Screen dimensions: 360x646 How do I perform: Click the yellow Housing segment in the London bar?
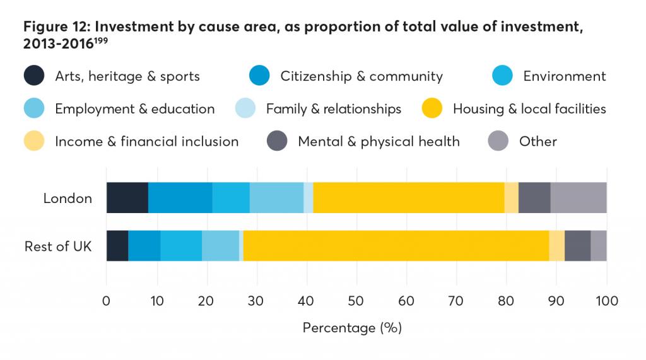coord(409,198)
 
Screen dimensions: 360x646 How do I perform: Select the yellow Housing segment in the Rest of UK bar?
coord(396,246)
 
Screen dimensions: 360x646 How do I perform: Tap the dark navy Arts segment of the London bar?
coord(127,198)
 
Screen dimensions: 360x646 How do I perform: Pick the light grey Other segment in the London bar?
coord(578,198)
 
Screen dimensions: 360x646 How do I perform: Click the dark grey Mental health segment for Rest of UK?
coord(577,246)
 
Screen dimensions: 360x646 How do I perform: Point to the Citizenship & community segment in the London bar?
coord(180,198)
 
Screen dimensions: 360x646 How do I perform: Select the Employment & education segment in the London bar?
coord(276,198)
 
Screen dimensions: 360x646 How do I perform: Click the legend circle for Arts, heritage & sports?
coord(34,76)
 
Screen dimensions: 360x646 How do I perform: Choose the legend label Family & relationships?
coord(333,109)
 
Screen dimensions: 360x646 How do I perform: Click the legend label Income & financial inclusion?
coord(146,141)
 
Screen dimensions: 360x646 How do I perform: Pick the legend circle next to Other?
coord(498,141)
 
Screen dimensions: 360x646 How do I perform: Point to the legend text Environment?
coord(564,76)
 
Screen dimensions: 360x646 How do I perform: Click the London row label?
coord(68,198)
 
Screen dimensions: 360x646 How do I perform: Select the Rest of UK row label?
coord(58,246)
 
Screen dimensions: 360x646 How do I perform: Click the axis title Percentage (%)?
coord(352,328)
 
